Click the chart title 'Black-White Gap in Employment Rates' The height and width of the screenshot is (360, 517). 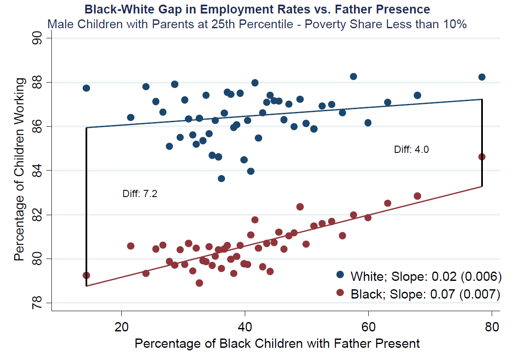[x=257, y=9]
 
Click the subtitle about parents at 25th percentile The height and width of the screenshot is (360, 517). [x=257, y=24]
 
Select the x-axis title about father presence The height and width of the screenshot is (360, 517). [x=277, y=344]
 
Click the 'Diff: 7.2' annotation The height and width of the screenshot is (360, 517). [x=139, y=194]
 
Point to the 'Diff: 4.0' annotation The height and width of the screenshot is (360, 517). [x=411, y=149]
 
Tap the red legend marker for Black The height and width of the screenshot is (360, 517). [x=340, y=293]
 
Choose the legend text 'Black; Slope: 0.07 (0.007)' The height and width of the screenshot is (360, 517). [x=426, y=294]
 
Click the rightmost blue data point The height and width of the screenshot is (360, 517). [x=482, y=77]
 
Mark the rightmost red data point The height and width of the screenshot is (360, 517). [x=482, y=157]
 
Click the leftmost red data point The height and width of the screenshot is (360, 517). [x=86, y=275]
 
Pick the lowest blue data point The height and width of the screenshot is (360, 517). [x=221, y=179]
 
